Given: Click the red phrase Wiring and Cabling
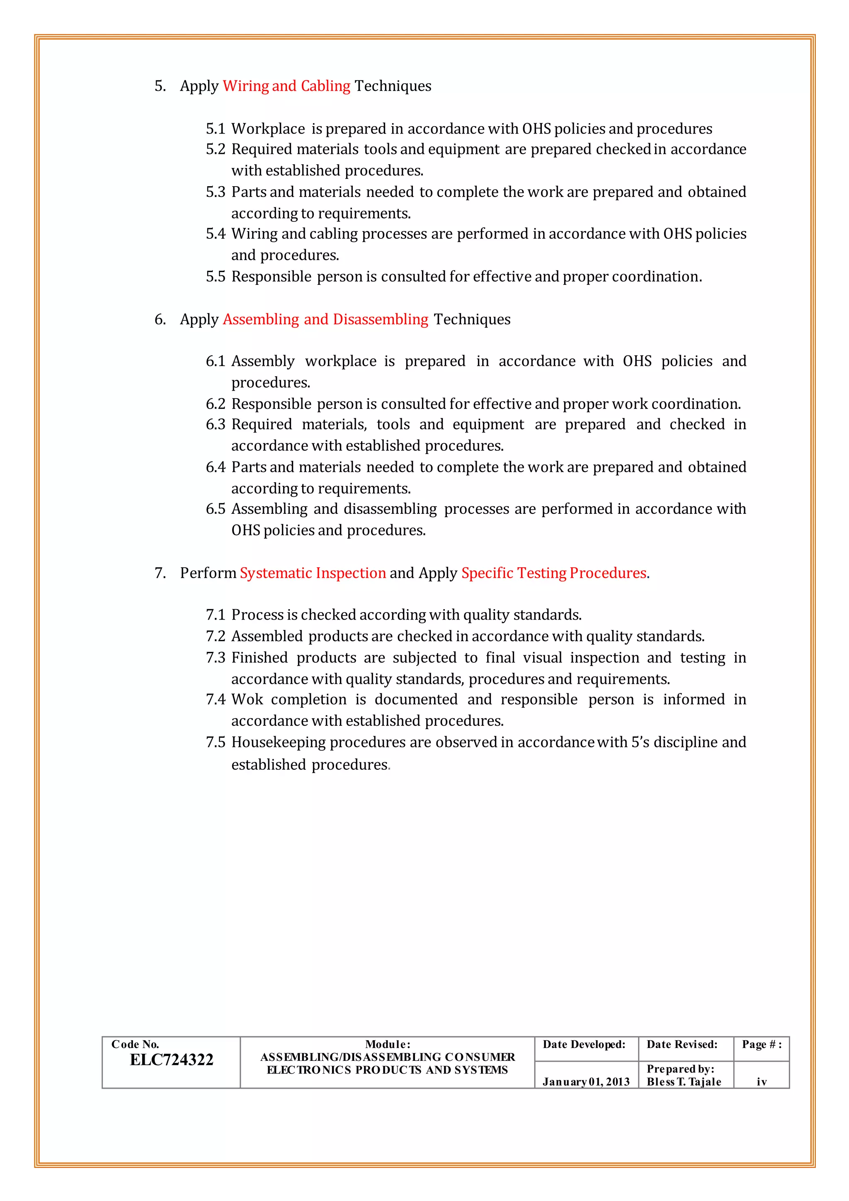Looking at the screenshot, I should click(286, 86).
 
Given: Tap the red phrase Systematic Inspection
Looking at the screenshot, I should click(313, 573).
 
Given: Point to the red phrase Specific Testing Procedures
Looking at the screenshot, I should click(553, 573).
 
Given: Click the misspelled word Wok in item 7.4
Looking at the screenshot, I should click(247, 699).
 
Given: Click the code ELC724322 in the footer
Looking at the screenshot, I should click(172, 1059).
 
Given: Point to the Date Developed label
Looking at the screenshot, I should click(584, 1045).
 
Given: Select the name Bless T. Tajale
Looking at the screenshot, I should click(683, 1082).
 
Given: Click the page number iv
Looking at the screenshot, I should click(761, 1082).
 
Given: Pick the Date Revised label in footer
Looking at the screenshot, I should click(682, 1045).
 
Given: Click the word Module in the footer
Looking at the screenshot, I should click(387, 1045).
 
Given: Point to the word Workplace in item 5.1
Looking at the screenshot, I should click(268, 129).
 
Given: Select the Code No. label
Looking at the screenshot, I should click(135, 1045).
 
